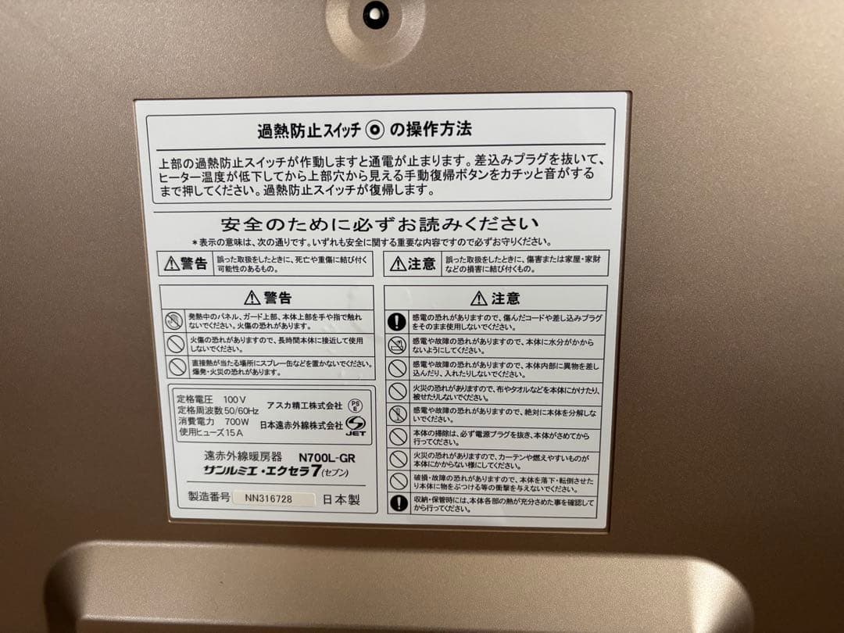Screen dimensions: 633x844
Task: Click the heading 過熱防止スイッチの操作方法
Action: pyautogui.click(x=364, y=128)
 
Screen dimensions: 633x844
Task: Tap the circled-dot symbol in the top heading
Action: pyautogui.click(x=376, y=129)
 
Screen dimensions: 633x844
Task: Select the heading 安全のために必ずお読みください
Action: pyautogui.click(x=380, y=224)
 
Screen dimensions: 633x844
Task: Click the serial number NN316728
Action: pyautogui.click(x=268, y=498)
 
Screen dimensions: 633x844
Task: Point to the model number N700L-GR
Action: pyautogui.click(x=326, y=459)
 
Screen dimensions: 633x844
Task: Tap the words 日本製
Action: pyautogui.click(x=341, y=498)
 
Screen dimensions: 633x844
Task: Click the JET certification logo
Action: pyautogui.click(x=356, y=426)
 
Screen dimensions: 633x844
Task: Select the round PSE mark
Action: pyautogui.click(x=355, y=405)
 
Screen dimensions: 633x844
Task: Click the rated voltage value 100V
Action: pyautogui.click(x=235, y=399)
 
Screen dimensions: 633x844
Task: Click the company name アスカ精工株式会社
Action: pyautogui.click(x=305, y=406)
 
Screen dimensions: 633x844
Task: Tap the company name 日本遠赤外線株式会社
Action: pyautogui.click(x=301, y=426)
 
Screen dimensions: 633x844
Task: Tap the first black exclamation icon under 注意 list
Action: pyautogui.click(x=398, y=320)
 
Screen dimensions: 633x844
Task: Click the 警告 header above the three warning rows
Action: pyautogui.click(x=268, y=298)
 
